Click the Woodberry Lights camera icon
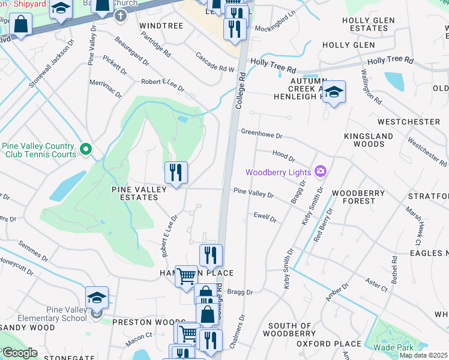click(320, 172)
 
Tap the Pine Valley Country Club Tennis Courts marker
click(86, 148)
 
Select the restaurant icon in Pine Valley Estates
click(176, 173)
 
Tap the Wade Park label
click(393, 347)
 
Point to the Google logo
click(19, 353)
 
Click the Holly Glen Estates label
click(368, 24)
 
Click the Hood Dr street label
click(283, 156)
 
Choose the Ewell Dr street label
click(265, 217)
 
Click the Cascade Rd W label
click(214, 62)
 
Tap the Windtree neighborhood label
click(160, 26)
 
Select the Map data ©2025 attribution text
click(424, 355)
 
